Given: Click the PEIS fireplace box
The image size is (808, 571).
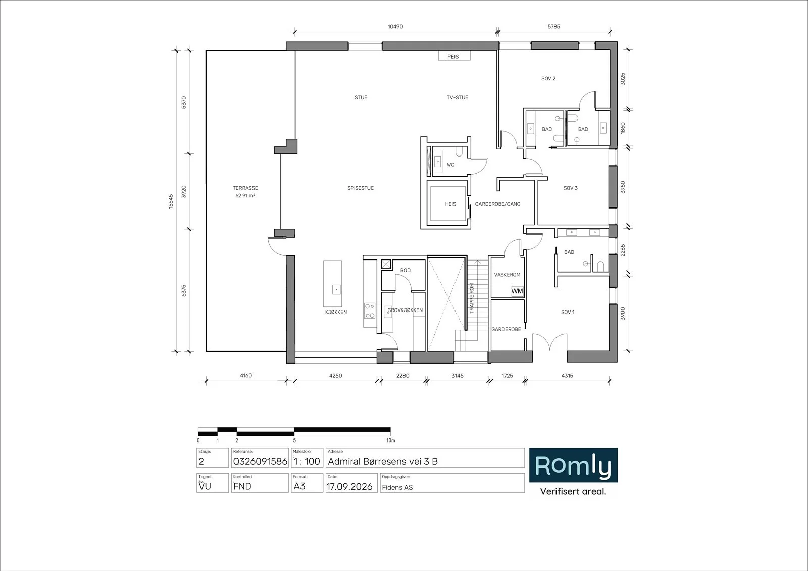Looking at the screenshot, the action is pos(454,56).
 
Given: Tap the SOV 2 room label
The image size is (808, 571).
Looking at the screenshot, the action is pos(548,79).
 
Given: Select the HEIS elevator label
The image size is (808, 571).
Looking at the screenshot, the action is pos(450,204).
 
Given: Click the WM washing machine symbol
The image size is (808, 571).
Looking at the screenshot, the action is pos(517,291).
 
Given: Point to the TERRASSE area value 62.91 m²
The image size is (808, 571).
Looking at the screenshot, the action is pos(245,196).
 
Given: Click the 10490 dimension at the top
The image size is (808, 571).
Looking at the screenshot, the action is pos(395,27).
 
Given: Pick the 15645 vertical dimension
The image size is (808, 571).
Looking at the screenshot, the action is pos(171,201).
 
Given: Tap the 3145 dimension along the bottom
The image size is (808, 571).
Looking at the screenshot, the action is pos(458,376).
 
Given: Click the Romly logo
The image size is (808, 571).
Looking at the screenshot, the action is pos(573,465).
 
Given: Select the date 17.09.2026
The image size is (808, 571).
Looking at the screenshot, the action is pos(349,487).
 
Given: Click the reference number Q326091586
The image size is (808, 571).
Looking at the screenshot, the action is pos(260,462).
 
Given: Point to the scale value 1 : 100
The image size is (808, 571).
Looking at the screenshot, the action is pos(307,462).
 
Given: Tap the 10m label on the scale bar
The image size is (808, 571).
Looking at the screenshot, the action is pos(391,440).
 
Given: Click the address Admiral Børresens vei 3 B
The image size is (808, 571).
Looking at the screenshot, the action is pos(383,462).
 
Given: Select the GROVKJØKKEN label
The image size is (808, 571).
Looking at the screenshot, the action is pos(405,310).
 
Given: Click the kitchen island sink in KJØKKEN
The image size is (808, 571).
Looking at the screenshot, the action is pos(336,290).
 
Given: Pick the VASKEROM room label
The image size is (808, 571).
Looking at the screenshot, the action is pos(507,275).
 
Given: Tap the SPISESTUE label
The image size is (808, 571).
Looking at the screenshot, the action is pos(361,188).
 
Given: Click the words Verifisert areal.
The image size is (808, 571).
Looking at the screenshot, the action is pos(573,491).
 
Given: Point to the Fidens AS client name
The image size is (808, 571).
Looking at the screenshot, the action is pos(397,487).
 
